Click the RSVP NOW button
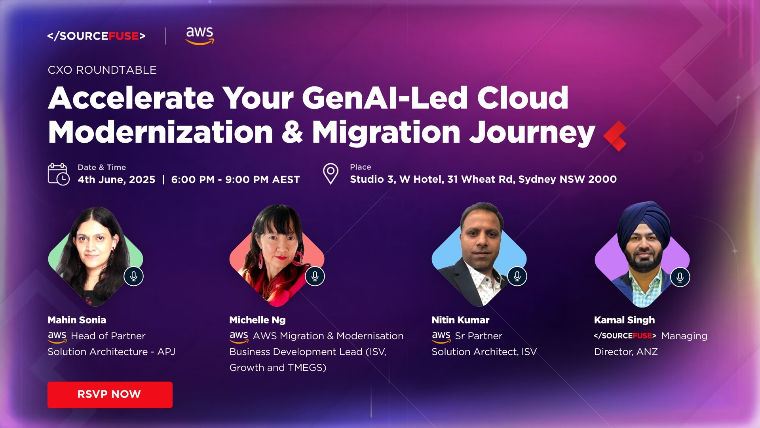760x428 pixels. [110, 395]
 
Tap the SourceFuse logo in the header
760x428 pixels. [96, 36]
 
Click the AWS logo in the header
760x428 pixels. [200, 36]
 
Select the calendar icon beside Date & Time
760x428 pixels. [59, 174]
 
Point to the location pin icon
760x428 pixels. [331, 174]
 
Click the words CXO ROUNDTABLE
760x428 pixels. [102, 70]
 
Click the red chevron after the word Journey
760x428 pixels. [615, 136]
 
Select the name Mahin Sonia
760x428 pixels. [77, 320]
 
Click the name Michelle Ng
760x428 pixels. [257, 320]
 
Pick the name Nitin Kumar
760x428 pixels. [460, 320]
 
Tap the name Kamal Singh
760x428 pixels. [624, 320]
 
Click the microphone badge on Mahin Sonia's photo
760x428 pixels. [133, 276]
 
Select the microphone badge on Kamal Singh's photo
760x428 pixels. [680, 277]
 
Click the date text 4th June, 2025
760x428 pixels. [116, 180]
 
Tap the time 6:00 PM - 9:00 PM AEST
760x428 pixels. [236, 180]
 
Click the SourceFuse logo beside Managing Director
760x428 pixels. [625, 336]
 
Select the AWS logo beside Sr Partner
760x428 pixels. [441, 337]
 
